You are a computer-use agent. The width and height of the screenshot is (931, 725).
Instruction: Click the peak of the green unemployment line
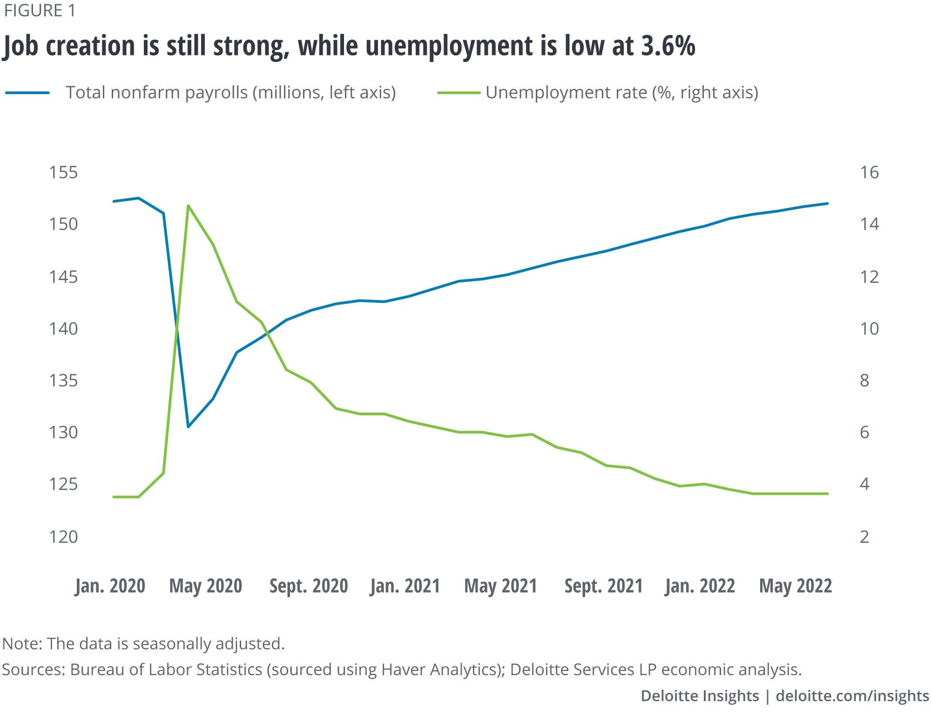(x=188, y=205)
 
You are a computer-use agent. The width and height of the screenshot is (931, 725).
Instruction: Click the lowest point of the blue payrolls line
(x=188, y=426)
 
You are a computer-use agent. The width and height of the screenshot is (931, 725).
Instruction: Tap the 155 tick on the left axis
(x=63, y=172)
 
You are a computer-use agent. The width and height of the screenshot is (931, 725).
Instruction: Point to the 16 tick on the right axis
(x=869, y=172)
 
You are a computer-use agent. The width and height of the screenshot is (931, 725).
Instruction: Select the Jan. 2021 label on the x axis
(x=405, y=586)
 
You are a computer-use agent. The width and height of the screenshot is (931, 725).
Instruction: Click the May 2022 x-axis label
(x=795, y=586)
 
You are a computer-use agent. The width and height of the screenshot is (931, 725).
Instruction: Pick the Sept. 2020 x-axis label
(x=309, y=586)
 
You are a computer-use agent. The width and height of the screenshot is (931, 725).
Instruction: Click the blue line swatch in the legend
(x=27, y=93)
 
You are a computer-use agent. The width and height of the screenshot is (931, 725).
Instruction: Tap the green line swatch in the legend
(x=459, y=93)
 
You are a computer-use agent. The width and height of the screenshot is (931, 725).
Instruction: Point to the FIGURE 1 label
(x=40, y=11)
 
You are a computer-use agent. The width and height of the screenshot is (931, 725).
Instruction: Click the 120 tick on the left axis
(x=63, y=537)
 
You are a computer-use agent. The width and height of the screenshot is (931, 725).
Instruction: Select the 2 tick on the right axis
(x=864, y=537)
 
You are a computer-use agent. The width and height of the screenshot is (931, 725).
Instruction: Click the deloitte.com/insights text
(x=852, y=696)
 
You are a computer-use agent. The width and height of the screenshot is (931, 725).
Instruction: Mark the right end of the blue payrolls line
(x=827, y=204)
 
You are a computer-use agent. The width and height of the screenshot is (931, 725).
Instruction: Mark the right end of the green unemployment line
(x=827, y=493)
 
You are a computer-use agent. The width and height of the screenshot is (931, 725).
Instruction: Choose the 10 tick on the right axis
(x=869, y=329)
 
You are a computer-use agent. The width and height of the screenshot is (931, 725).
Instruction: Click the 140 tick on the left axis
(x=63, y=329)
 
